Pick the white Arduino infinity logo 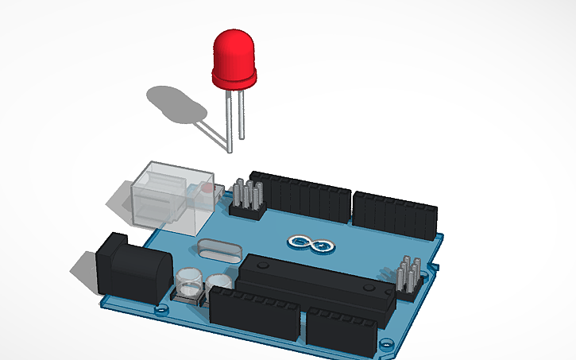pos(306,243)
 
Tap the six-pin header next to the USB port pos(247,199)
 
